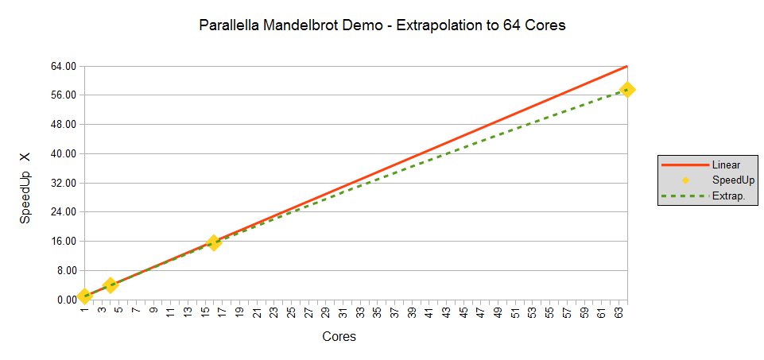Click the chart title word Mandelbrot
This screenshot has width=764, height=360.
[x=317, y=25]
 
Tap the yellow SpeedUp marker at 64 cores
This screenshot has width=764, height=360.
[x=626, y=90]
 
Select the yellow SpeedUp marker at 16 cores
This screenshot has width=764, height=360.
[x=213, y=242]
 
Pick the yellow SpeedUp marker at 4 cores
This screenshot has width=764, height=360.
[x=111, y=285]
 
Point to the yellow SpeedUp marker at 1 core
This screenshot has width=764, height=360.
[x=84, y=296]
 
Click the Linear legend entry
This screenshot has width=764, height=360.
[x=726, y=165]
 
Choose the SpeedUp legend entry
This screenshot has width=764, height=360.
[x=733, y=180]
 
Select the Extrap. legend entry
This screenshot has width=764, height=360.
[x=728, y=196]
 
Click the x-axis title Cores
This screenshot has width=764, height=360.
[x=339, y=337]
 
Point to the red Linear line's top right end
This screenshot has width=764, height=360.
[x=627, y=66]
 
